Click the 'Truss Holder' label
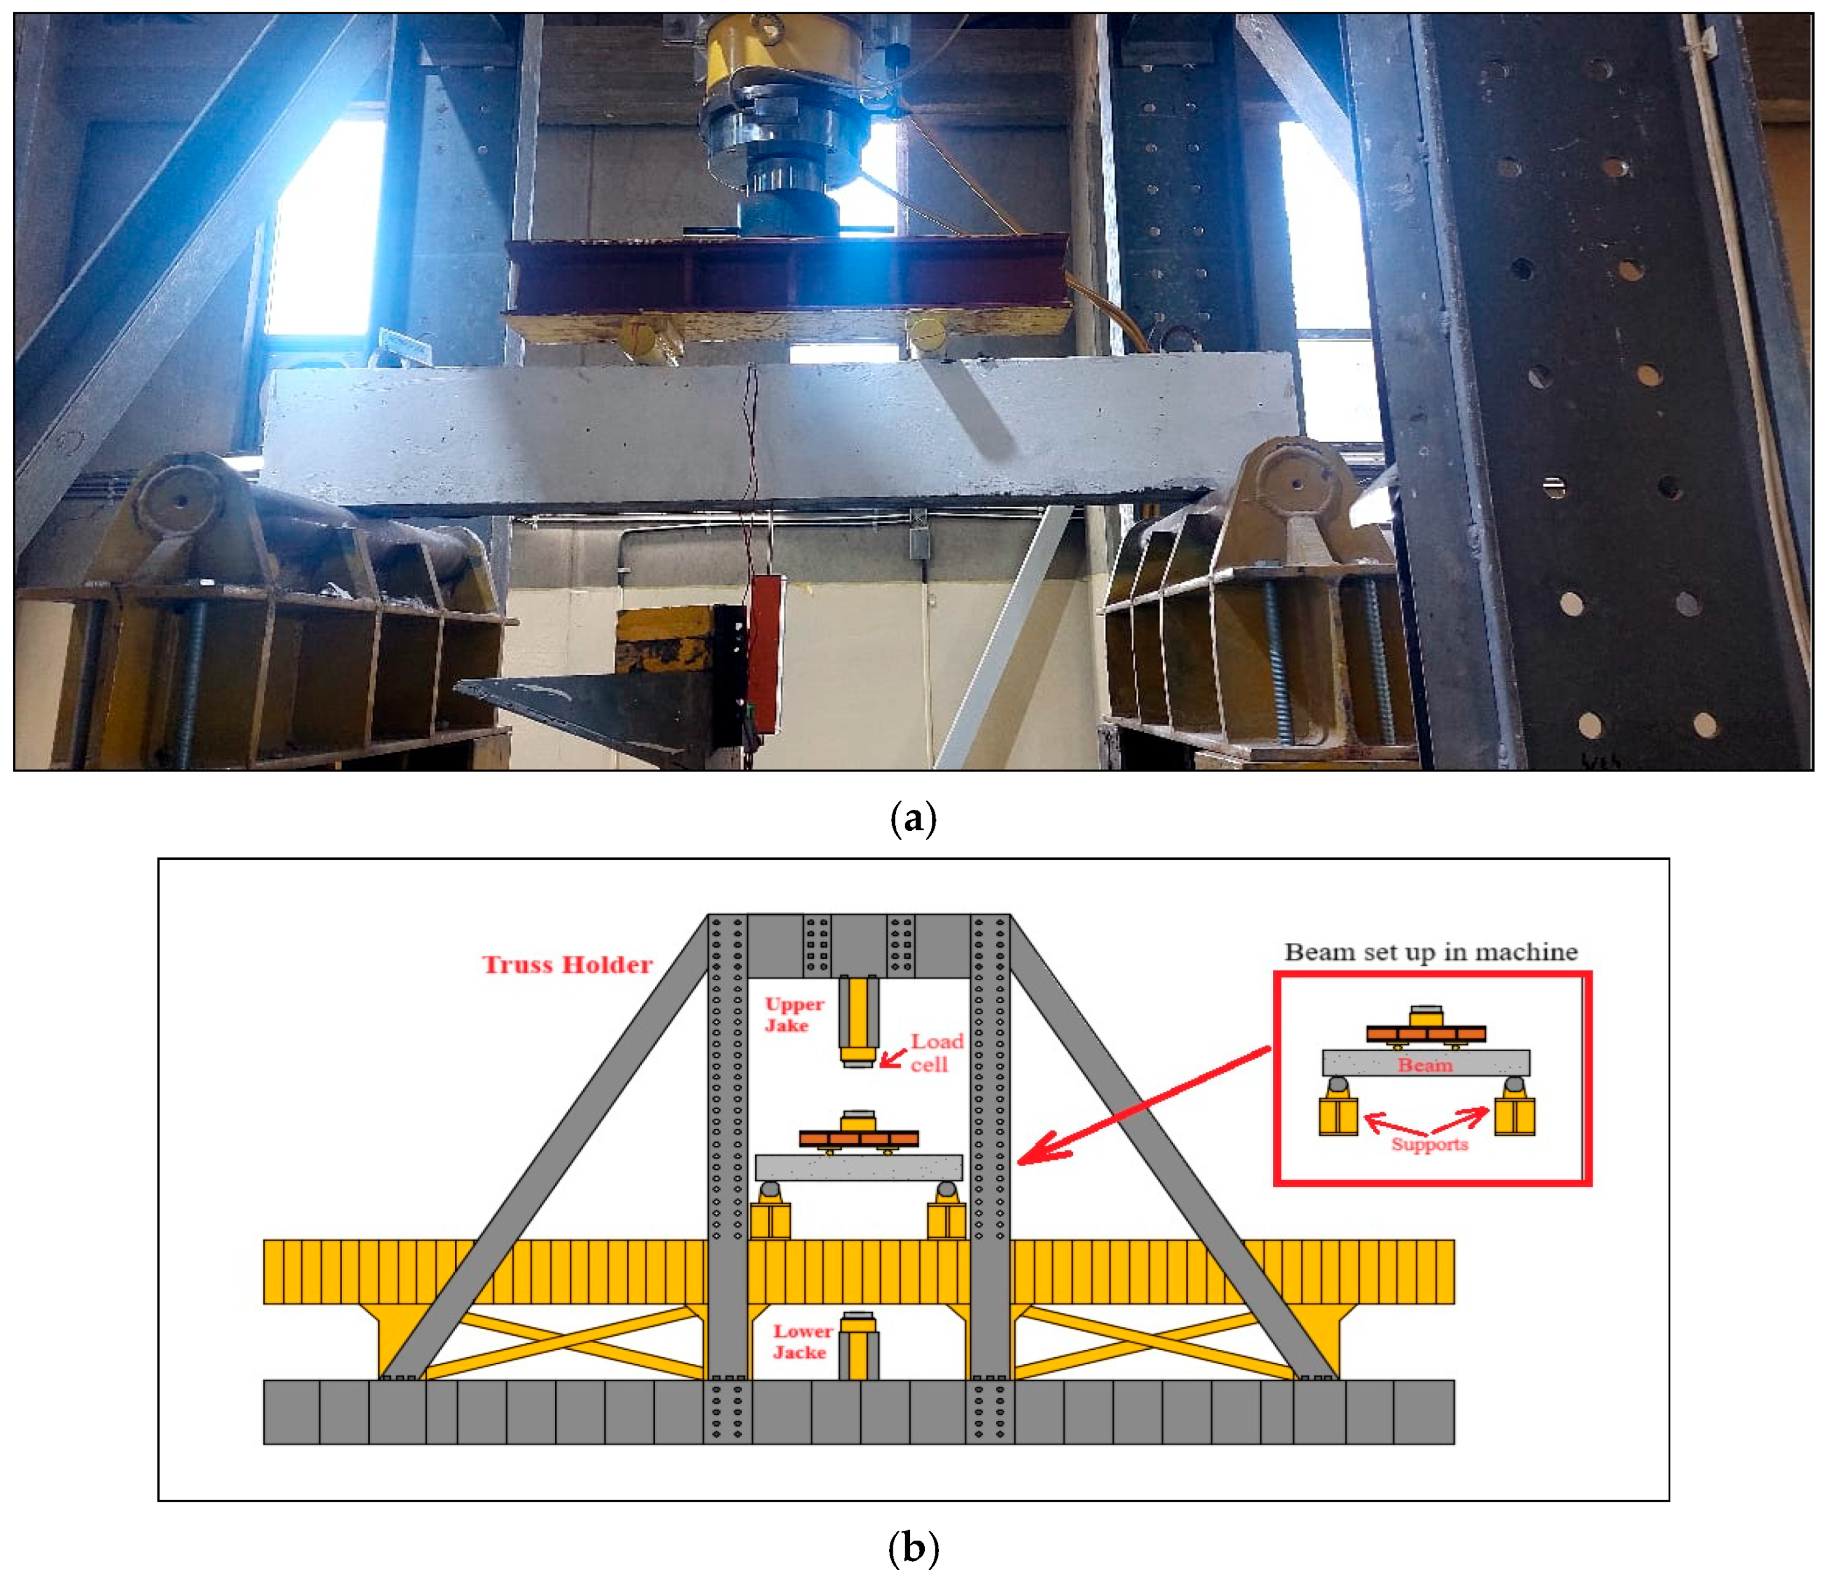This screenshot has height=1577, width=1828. click(567, 964)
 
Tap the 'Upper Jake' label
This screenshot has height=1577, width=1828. click(793, 1014)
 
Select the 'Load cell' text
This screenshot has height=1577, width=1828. click(935, 1052)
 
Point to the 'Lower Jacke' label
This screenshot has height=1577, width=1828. click(802, 1341)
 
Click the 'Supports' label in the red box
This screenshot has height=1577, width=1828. click(1429, 1145)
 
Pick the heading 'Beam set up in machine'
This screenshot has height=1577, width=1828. click(1430, 952)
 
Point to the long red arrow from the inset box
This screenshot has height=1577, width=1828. click(1147, 1104)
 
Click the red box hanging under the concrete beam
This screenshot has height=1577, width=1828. click(765, 652)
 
